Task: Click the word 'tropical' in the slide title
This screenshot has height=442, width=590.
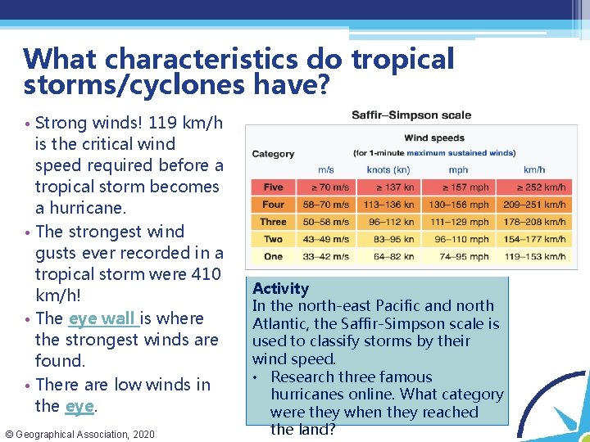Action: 402,59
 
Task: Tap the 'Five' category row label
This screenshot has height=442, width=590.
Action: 273,187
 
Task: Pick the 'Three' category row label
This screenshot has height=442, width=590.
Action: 273,222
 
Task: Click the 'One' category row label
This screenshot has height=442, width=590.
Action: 273,256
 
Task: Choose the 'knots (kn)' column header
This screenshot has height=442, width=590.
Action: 388,169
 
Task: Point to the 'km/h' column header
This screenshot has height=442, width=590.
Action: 533,169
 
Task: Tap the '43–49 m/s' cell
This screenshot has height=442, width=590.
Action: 325,239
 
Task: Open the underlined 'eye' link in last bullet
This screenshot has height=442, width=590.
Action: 79,406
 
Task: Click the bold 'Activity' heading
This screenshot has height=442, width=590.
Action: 280,288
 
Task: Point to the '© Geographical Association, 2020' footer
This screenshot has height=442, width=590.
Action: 79,434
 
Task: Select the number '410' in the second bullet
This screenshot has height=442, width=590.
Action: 206,274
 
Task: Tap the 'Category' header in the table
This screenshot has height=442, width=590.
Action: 273,154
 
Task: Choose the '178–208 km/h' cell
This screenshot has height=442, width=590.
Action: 533,222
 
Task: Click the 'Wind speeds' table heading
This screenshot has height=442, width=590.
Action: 434,138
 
